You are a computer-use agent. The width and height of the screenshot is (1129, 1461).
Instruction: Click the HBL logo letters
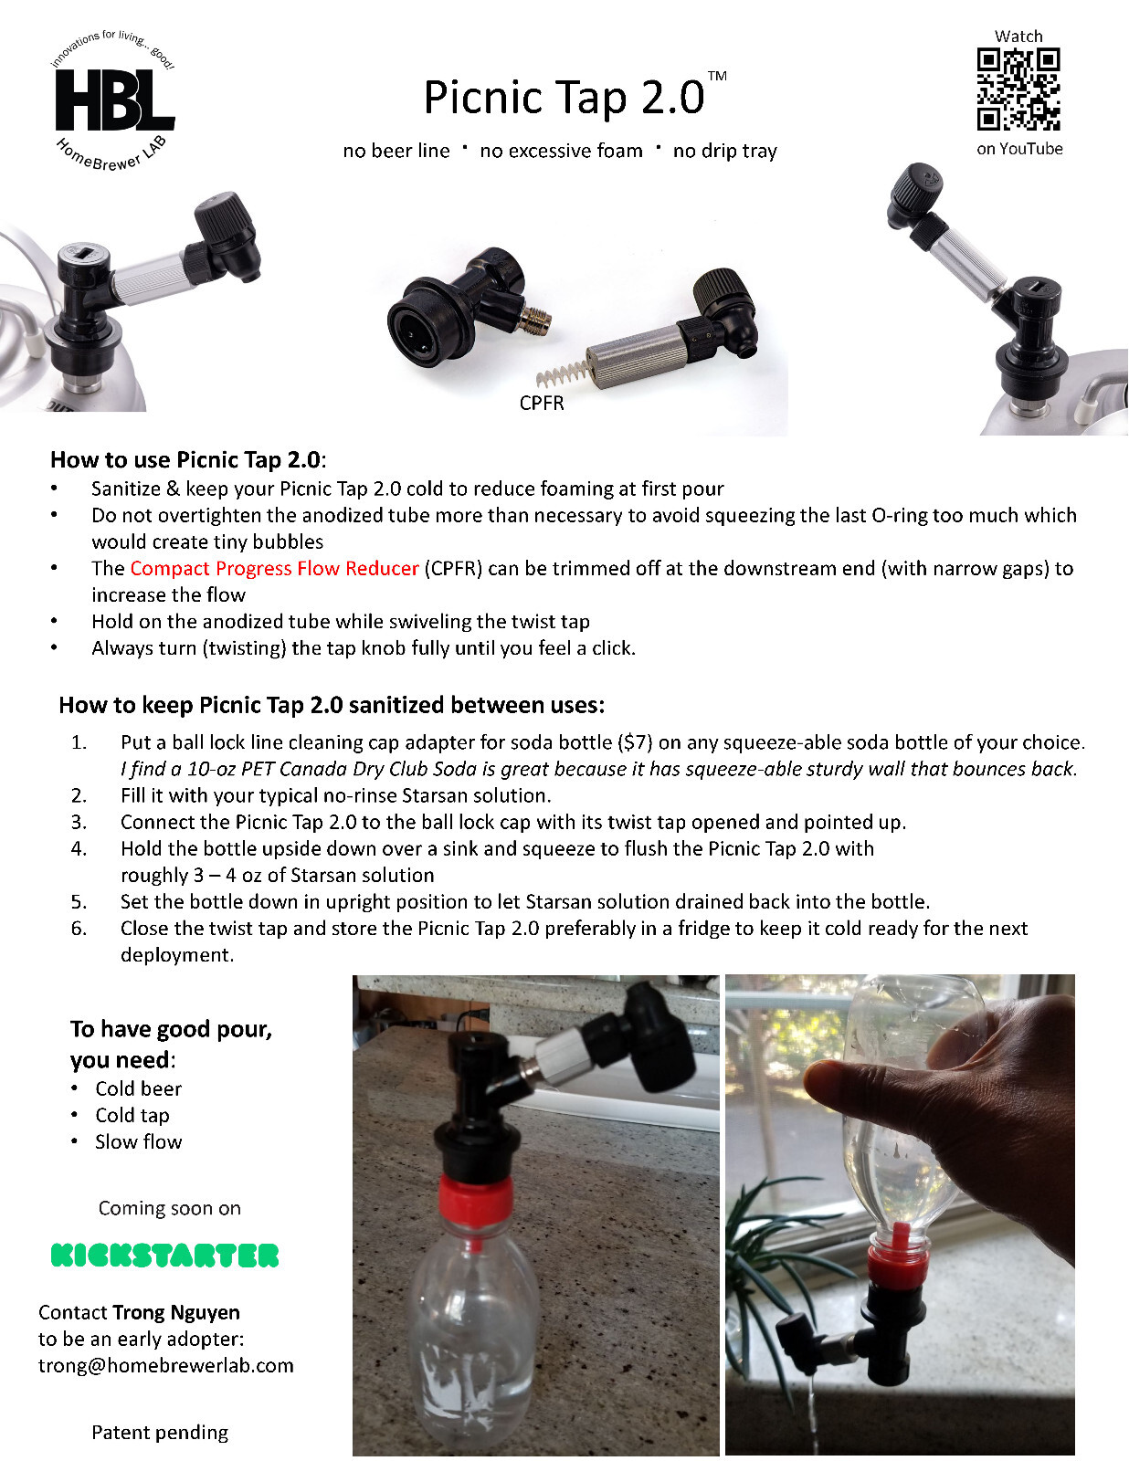(x=113, y=100)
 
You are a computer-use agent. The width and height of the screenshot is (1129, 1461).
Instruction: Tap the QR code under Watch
(x=1018, y=89)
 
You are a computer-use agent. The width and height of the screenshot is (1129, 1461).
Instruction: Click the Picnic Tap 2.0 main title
(x=564, y=97)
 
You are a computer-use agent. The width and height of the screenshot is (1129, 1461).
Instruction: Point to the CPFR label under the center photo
(x=541, y=404)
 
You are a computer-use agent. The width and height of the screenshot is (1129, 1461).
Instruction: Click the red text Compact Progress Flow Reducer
(x=274, y=568)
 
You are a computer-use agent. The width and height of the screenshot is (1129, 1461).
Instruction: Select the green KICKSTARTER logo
(x=164, y=1256)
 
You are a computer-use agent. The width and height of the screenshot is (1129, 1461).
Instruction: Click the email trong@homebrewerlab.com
(x=166, y=1365)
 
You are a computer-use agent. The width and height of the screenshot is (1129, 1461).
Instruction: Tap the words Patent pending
(x=160, y=1432)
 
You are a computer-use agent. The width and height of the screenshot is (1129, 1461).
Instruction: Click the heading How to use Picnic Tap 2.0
(x=186, y=459)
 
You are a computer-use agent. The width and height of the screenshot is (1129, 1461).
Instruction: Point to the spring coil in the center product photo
(x=559, y=373)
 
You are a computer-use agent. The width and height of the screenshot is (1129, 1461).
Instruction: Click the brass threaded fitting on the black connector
(x=534, y=320)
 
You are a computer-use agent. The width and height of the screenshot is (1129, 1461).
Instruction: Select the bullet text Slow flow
(x=139, y=1141)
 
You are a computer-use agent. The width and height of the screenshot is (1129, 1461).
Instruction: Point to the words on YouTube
(x=1019, y=149)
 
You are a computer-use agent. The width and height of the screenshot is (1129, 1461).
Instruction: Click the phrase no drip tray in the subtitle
(x=724, y=151)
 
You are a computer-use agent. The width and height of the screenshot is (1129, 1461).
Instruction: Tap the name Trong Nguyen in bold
(x=176, y=1312)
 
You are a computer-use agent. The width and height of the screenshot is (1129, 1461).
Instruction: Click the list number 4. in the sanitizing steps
(x=79, y=848)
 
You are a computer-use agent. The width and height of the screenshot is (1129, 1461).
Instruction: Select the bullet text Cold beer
(x=139, y=1088)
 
